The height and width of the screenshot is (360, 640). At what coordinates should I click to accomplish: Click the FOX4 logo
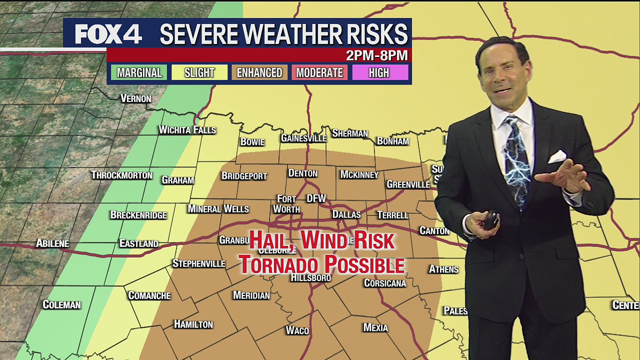click(108, 34)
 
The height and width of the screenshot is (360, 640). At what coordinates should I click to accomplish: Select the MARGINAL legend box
click(139, 72)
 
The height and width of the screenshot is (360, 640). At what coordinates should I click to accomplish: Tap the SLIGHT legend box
click(199, 72)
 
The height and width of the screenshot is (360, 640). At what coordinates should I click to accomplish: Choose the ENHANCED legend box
click(259, 72)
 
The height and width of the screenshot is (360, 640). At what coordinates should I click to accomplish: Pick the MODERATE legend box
click(319, 72)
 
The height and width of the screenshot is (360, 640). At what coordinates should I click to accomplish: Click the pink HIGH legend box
click(379, 72)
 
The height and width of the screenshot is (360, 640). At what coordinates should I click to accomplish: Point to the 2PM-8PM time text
click(376, 55)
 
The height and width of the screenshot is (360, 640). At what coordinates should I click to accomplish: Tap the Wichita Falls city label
click(187, 130)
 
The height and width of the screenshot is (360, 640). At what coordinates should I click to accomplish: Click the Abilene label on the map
click(52, 243)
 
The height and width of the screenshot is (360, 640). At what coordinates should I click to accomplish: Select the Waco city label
click(297, 330)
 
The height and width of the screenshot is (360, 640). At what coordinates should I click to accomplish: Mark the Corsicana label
click(384, 283)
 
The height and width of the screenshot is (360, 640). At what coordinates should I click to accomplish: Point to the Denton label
click(302, 173)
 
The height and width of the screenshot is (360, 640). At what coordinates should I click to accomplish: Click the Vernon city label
click(135, 98)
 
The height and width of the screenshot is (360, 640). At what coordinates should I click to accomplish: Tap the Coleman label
click(61, 304)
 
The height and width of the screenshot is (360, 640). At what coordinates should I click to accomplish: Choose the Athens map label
click(443, 269)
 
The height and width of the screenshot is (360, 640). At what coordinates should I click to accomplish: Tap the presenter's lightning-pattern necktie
click(516, 160)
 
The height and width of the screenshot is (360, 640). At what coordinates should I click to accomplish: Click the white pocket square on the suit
click(557, 157)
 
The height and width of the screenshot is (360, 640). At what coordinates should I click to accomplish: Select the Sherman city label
click(350, 133)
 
